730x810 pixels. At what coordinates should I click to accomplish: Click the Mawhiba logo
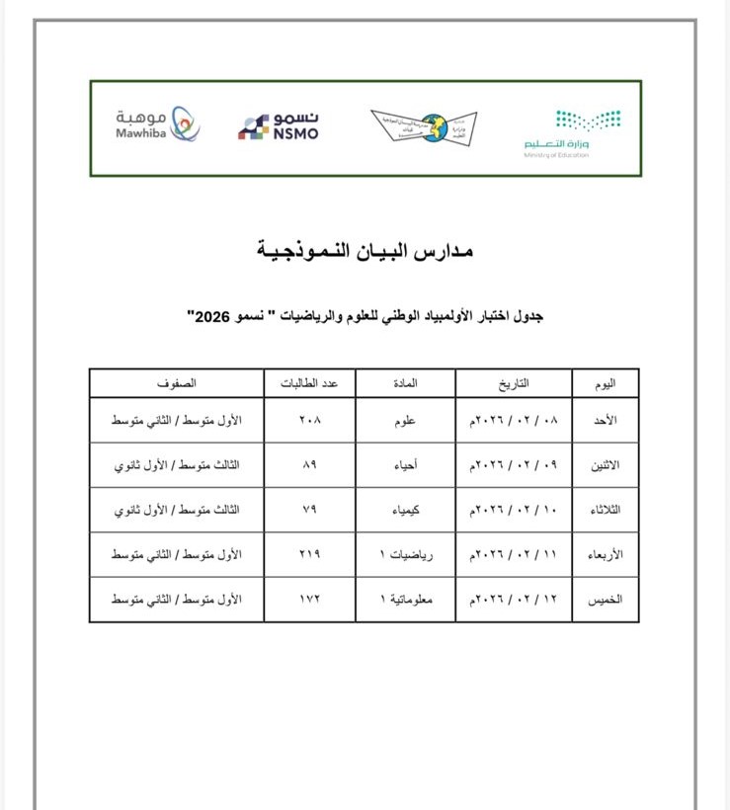[x=156, y=124]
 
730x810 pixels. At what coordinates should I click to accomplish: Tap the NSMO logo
[x=279, y=126]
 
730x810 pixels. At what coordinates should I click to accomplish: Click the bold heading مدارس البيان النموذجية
[x=365, y=250]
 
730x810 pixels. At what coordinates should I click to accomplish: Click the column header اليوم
[x=605, y=382]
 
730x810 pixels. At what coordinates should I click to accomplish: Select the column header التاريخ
[x=514, y=382]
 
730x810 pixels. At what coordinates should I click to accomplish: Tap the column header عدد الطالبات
[x=310, y=382]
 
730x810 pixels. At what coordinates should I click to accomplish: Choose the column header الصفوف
[x=177, y=382]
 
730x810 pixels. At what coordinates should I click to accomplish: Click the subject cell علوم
[x=405, y=420]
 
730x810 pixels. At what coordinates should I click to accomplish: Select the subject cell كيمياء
[x=405, y=510]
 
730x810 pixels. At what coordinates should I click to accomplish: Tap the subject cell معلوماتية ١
[x=405, y=600]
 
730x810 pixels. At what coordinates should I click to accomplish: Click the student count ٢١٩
[x=310, y=555]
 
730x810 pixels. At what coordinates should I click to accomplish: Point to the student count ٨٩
[x=310, y=465]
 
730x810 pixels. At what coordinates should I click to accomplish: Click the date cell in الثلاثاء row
[x=514, y=510]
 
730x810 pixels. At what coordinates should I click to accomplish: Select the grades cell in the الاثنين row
[x=177, y=465]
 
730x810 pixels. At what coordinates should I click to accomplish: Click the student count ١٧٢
[x=310, y=600]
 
